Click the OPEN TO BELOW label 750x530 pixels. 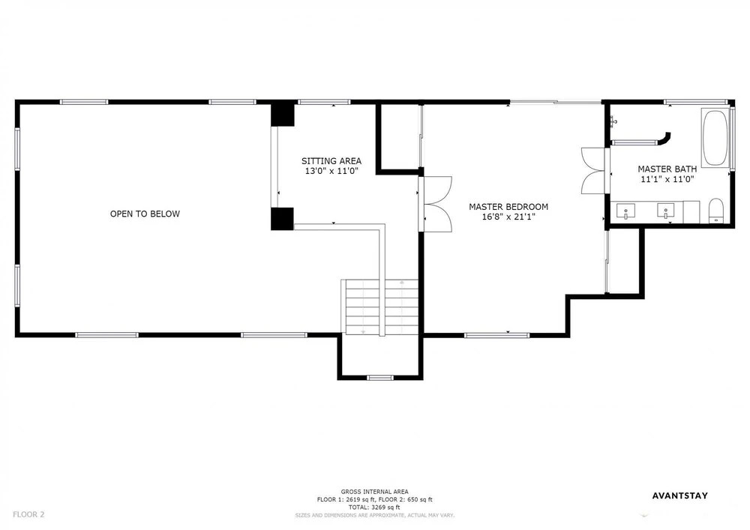coord(145,214)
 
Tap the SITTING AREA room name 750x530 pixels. coord(331,161)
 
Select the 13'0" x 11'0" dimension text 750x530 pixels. coord(331,171)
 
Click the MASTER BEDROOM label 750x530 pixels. coord(508,207)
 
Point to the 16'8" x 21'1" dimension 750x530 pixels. coord(508,217)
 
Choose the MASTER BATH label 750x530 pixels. coord(667,169)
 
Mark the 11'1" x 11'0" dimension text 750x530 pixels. coord(667,179)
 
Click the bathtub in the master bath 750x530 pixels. coord(715,138)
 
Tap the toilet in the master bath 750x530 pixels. coord(716,211)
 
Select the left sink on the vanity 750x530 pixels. coord(625,211)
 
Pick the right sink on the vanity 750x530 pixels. coord(665,211)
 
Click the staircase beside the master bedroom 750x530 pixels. coord(381,307)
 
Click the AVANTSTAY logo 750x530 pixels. coord(679,496)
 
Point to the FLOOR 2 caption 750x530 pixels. coord(28,515)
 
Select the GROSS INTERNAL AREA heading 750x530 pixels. coord(374,492)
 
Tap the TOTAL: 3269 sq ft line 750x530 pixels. coord(374,507)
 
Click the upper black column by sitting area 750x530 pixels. coord(282,114)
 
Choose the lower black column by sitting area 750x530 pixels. coord(282,218)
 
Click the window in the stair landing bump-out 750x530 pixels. coord(380,378)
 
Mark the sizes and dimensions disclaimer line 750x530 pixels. coord(374,515)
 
